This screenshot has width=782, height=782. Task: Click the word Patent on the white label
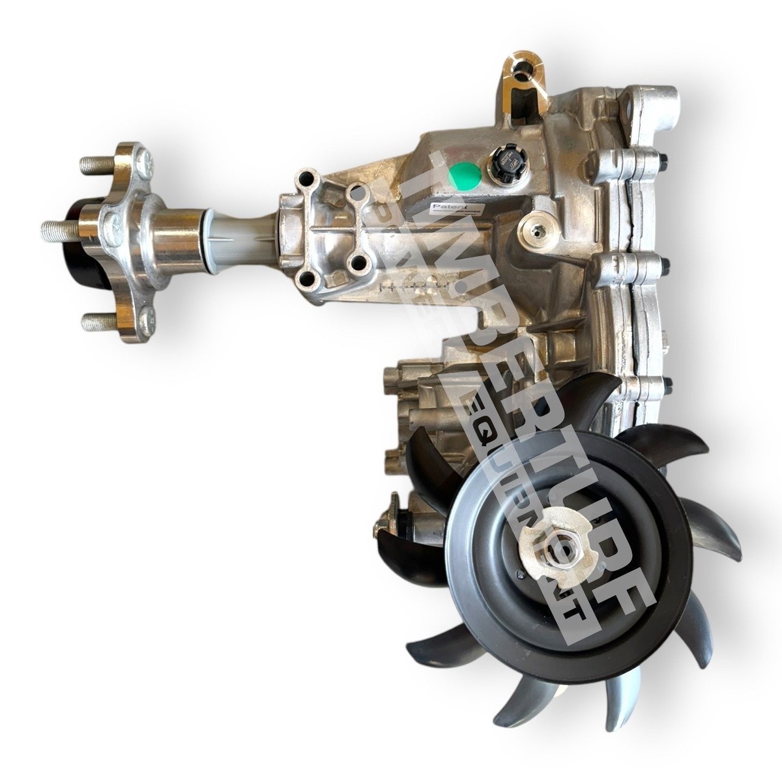tap(443, 205)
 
